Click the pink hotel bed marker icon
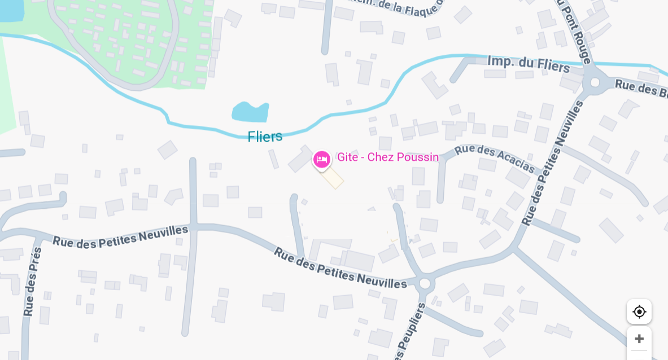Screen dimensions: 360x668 point(322,160)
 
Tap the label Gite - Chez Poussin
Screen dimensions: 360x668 point(388,157)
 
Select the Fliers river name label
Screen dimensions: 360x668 point(265,137)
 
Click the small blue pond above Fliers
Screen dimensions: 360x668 point(250,112)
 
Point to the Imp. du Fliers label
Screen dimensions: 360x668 point(529,64)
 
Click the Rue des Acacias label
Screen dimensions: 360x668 point(495,158)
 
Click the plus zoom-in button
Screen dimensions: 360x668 point(639,339)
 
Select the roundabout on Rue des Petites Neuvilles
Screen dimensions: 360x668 point(425,283)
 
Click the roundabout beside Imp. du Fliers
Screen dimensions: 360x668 point(595,82)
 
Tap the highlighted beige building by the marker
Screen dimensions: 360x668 point(333,178)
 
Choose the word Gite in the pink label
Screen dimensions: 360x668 point(347,157)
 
